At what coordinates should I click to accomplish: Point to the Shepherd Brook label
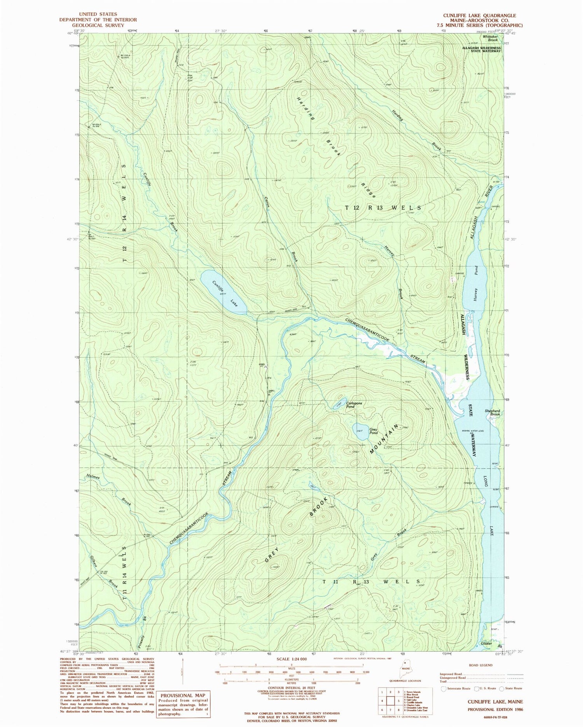pyautogui.click(x=492, y=413)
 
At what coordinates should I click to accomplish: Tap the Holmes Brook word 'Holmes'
pyautogui.click(x=93, y=477)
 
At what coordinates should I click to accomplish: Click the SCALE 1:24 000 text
pyautogui.click(x=291, y=659)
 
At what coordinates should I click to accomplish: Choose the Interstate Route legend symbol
pyautogui.click(x=444, y=688)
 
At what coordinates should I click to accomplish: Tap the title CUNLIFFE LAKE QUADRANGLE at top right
pyautogui.click(x=480, y=16)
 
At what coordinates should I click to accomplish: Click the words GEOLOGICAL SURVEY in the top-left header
pyautogui.click(x=98, y=25)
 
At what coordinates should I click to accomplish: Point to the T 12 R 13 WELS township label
pyautogui.click(x=383, y=208)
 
